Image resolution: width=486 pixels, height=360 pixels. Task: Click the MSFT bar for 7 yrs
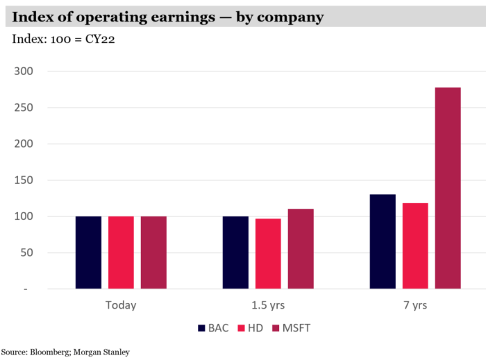pos(448,188)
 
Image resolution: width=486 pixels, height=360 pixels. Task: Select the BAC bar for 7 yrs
pos(383,241)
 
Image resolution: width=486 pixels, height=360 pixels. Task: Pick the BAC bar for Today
pos(88,252)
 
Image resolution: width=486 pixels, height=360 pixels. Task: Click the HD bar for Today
pos(121,252)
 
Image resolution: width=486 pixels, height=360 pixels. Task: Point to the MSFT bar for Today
pos(153,252)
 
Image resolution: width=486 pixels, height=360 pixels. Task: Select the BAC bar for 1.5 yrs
pos(235,252)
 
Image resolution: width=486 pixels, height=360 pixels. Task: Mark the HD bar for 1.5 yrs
pos(268,254)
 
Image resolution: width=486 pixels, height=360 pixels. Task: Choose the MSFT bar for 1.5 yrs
pos(301,249)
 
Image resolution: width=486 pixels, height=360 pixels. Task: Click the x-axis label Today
pos(121,305)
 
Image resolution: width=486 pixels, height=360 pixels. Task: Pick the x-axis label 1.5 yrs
pos(268,305)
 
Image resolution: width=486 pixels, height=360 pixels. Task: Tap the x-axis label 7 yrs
pos(415,305)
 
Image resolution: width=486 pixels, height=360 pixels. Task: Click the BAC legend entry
pos(212,328)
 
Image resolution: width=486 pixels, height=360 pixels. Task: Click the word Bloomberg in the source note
pos(47,352)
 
